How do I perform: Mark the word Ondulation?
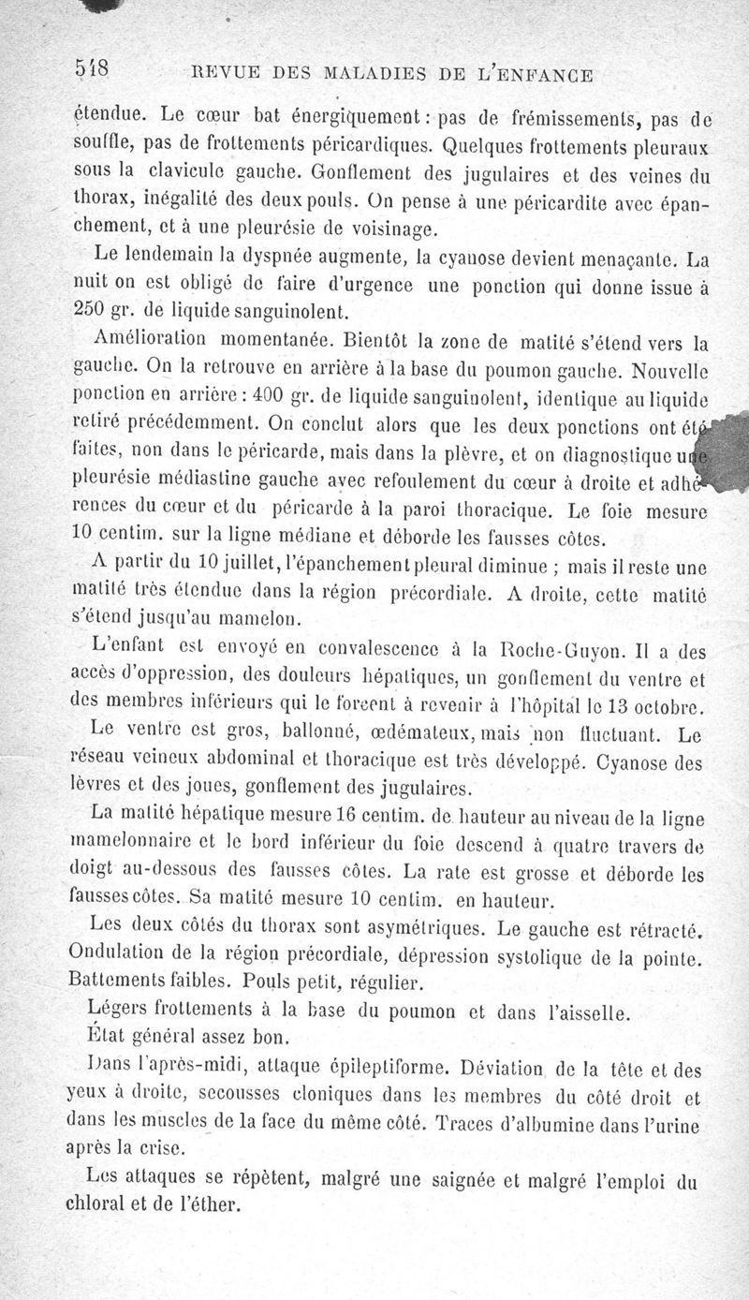[x=121, y=957]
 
